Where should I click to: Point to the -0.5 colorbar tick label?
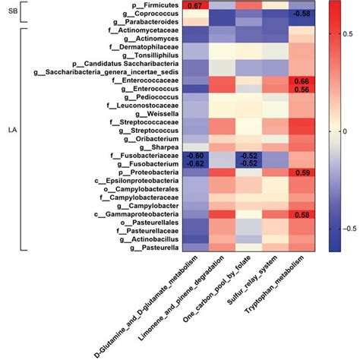(x=345, y=227)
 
